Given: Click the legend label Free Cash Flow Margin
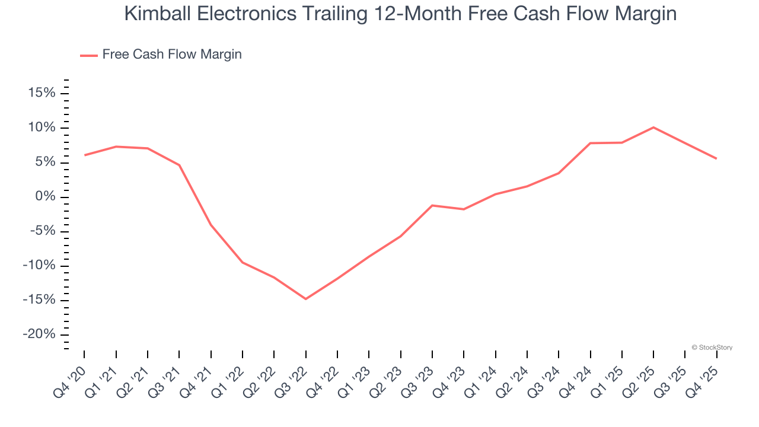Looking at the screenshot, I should (172, 55).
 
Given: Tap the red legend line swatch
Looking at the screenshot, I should (89, 56).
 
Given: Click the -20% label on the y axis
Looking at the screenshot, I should (39, 334).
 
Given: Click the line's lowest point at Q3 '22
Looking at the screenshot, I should (305, 299).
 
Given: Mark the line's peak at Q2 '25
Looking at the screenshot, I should (653, 128).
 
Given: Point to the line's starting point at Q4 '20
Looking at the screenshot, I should (84, 155).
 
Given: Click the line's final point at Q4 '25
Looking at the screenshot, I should (716, 158).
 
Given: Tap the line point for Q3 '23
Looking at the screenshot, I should (432, 205).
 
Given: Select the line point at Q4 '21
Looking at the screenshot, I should (211, 225).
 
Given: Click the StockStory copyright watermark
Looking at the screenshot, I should (712, 348).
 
